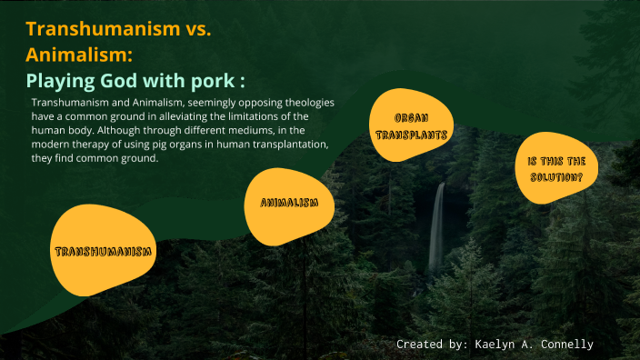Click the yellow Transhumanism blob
pyautogui.click(x=101, y=250)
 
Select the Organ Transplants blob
pyautogui.click(x=411, y=125)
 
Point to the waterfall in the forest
pyautogui.click(x=437, y=227)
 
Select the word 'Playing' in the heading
pyautogui.click(x=60, y=78)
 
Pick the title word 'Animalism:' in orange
pyautogui.click(x=80, y=54)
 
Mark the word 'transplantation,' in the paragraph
pyautogui.click(x=291, y=145)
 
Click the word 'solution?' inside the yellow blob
pyautogui.click(x=556, y=176)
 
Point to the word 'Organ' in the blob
pyautogui.click(x=411, y=118)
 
